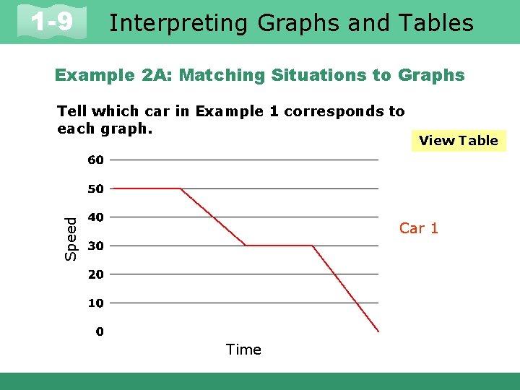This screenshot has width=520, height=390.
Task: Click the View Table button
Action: [x=459, y=140]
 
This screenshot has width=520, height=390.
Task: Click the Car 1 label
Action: [x=419, y=228]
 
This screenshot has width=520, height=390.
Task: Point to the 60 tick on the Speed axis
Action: [x=96, y=160]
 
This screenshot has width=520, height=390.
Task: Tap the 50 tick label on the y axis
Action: [x=96, y=188]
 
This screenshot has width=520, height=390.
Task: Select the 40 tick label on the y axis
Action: [x=96, y=217]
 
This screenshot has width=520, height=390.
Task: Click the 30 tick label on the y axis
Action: [x=96, y=246]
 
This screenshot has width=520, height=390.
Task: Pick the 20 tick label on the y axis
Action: [x=96, y=274]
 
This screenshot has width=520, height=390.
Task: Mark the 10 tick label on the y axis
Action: [x=96, y=303]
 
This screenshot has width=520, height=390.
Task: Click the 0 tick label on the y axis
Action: [x=100, y=331]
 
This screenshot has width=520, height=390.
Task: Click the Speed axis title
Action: [x=71, y=238]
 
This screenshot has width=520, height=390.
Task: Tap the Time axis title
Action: [x=243, y=350]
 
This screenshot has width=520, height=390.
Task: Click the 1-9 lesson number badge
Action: [x=52, y=22]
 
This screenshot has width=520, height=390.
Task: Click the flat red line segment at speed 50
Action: [x=147, y=188]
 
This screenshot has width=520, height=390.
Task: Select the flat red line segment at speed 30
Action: [x=279, y=246]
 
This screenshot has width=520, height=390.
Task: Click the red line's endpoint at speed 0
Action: [x=378, y=331]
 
